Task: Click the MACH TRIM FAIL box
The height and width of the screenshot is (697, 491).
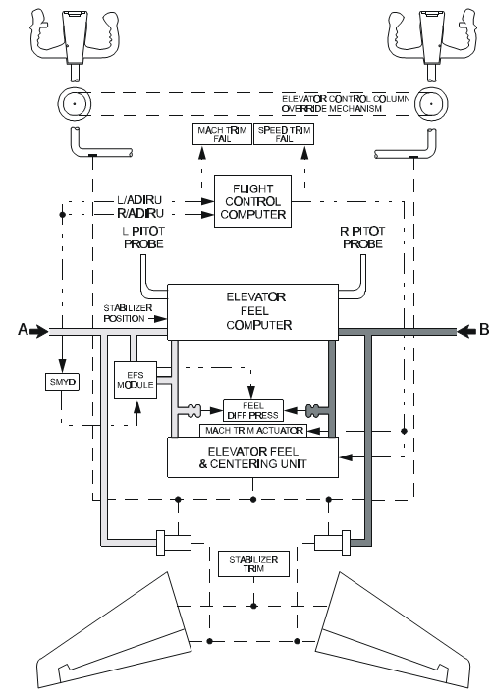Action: (x=222, y=134)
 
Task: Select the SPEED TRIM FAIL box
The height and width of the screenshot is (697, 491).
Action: (x=284, y=134)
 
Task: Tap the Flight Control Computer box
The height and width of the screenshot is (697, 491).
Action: (x=252, y=201)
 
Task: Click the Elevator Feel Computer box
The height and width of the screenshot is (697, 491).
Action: (x=252, y=311)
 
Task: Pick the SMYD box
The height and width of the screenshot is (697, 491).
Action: (x=62, y=382)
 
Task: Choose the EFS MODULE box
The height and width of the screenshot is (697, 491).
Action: (x=136, y=380)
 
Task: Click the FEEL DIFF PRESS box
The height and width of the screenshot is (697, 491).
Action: (x=252, y=410)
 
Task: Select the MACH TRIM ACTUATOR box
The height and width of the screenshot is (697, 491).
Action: (x=253, y=430)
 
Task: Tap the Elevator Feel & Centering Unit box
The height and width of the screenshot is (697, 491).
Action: (x=252, y=457)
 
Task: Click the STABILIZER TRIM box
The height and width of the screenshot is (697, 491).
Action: (x=253, y=564)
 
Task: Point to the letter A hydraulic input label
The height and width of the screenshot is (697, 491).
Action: (x=23, y=330)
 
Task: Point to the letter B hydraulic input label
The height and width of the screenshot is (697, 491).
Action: (x=484, y=330)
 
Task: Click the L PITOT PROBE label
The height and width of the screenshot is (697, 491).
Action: (x=143, y=238)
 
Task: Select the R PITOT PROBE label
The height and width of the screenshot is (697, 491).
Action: (x=362, y=238)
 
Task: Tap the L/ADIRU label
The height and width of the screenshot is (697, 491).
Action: (x=139, y=200)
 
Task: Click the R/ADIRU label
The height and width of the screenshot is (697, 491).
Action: (x=140, y=214)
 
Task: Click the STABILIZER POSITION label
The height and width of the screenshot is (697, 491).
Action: (x=128, y=313)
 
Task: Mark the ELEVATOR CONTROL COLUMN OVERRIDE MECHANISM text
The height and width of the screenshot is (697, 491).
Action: (x=346, y=104)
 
